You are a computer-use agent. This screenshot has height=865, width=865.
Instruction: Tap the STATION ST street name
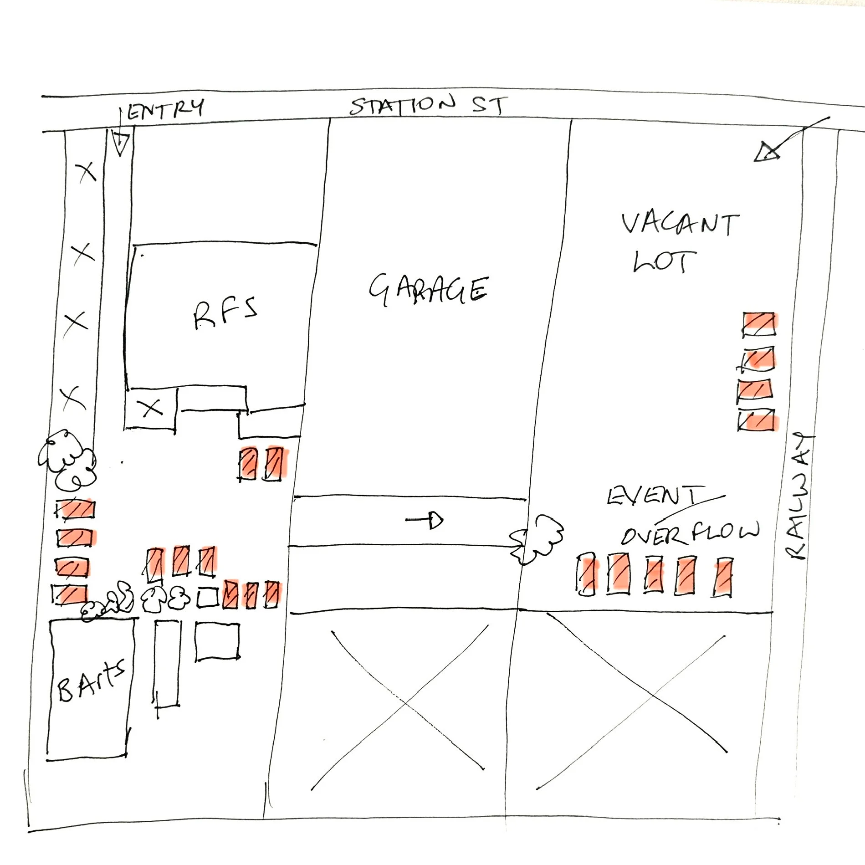428,105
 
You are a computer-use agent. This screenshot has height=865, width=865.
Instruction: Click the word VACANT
680,224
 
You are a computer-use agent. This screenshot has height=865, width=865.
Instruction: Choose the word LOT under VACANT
665,261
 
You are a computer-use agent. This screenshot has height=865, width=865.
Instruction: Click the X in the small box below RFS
152,407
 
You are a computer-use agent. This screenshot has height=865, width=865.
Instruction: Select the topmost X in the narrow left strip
87,172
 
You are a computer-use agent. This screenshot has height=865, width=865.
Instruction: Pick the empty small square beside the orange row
208,597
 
